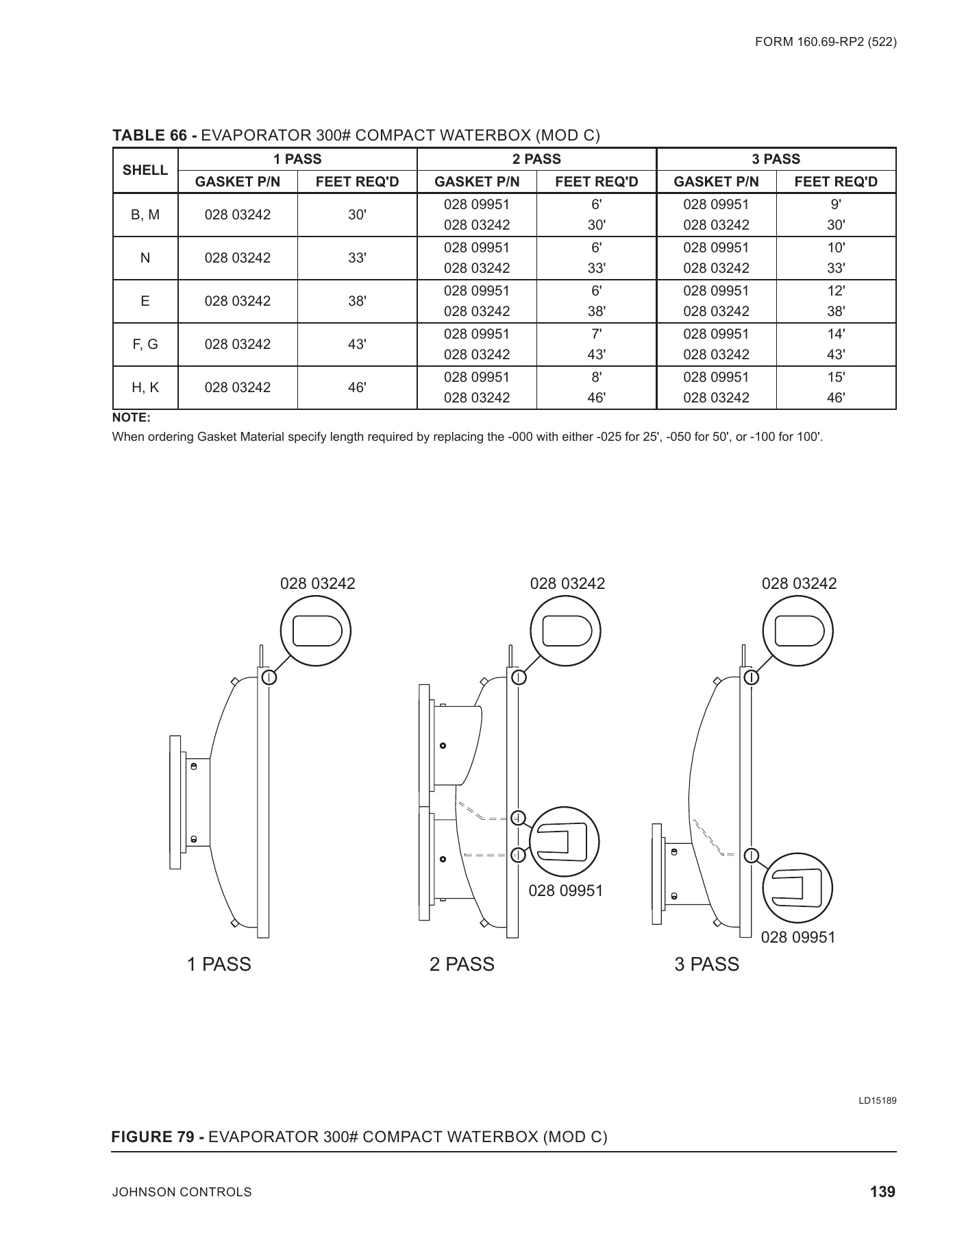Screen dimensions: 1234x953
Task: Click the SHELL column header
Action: coord(145,170)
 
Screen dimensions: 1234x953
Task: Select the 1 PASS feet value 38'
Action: coord(357,301)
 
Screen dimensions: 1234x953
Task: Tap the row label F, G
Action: coord(145,344)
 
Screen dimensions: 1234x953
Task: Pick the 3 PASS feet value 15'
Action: coord(836,377)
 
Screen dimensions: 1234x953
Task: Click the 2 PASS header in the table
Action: coord(536,159)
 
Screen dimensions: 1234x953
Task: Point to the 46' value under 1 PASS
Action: coord(357,387)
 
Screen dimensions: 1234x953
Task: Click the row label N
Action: coord(145,258)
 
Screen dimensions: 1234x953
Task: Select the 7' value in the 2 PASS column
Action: coord(596,334)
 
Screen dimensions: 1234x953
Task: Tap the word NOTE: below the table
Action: coord(131,418)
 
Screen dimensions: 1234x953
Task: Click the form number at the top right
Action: coord(826,42)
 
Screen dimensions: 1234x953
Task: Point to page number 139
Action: coord(882,1192)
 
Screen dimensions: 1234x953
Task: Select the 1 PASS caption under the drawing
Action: coord(219,965)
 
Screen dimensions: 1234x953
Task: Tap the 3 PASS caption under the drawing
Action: coord(706,965)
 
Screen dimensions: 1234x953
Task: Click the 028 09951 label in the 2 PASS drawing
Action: coord(565,891)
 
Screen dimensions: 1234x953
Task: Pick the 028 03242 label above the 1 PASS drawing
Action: coord(318,583)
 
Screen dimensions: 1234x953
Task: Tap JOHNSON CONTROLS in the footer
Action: coord(182,1193)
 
